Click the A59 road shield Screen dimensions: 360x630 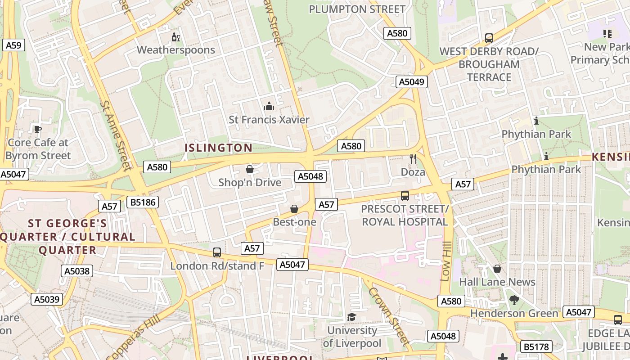pos(13,45)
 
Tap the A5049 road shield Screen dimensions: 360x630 pos(412,82)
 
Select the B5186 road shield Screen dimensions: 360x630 pos(143,202)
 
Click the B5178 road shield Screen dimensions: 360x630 pos(536,347)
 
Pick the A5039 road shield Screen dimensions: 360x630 pos(47,299)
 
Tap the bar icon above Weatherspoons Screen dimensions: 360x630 pos(175,37)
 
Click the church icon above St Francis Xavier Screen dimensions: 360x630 pos(269,107)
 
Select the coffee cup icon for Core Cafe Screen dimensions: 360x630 pos(38,130)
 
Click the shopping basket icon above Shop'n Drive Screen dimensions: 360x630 pos(250,169)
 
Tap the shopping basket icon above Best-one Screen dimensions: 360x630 pos(294,209)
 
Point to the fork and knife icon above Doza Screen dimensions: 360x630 pos(413,158)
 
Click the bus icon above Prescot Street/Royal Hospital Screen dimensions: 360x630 pos(405,196)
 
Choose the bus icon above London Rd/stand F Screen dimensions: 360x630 pos(217,252)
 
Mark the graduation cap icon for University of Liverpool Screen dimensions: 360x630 pos(351,317)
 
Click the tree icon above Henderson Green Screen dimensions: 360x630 pos(514,300)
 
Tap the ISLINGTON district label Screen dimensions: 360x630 pos(219,148)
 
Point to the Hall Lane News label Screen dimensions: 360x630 pos(497,282)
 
